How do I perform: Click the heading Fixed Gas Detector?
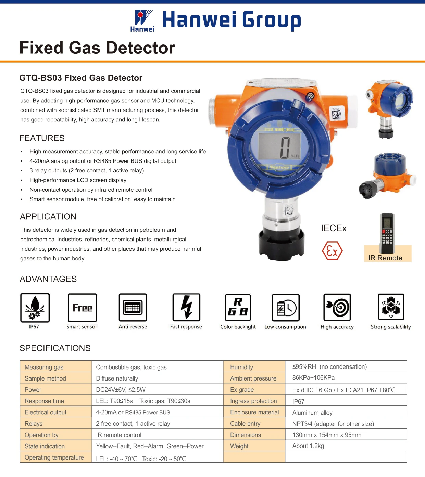(x=97, y=48)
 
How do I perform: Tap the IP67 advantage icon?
(x=35, y=307)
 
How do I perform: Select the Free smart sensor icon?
(x=82, y=307)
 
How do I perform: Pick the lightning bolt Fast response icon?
(x=186, y=307)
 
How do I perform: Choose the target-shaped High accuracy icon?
(x=337, y=307)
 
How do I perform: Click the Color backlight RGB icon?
(x=238, y=307)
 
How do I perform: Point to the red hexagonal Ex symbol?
(x=332, y=251)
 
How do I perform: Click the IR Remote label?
(x=385, y=258)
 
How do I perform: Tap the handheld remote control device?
(x=387, y=233)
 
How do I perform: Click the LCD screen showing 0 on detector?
(x=280, y=146)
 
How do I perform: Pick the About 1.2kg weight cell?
(x=308, y=446)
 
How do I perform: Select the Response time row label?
(x=44, y=401)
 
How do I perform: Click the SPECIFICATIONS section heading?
(x=55, y=348)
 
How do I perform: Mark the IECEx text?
(x=334, y=228)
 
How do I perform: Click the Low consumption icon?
(x=286, y=307)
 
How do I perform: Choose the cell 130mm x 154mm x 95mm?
(x=327, y=435)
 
